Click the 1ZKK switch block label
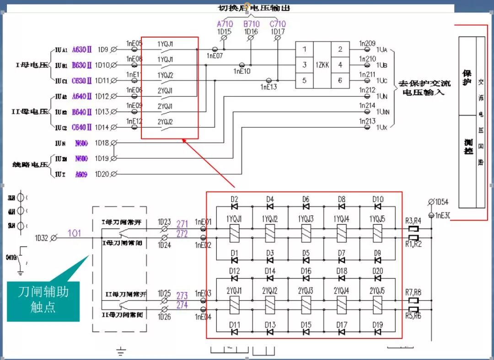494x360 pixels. pyautogui.click(x=322, y=65)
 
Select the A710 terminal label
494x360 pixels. pyautogui.click(x=225, y=24)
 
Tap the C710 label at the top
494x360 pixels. pyautogui.click(x=278, y=24)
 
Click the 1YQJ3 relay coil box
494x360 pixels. pyautogui.click(x=306, y=233)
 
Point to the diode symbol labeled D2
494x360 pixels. pyautogui.click(x=234, y=207)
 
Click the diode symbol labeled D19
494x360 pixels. pyautogui.click(x=378, y=332)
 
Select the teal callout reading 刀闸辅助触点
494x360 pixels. pyautogui.click(x=43, y=299)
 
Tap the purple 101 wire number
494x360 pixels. pyautogui.click(x=75, y=233)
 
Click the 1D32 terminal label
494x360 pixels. pyautogui.click(x=41, y=238)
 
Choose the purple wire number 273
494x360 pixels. pyautogui.click(x=182, y=296)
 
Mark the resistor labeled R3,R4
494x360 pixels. pyautogui.click(x=414, y=229)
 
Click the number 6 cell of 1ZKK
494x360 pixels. pyautogui.click(x=340, y=81)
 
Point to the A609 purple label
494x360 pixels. pyautogui.click(x=82, y=174)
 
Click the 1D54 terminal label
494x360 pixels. pyautogui.click(x=441, y=202)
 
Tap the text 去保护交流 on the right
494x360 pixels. pyautogui.click(x=425, y=84)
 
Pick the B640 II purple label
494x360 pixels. pyautogui.click(x=82, y=112)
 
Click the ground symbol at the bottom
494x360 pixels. pyautogui.click(x=121, y=352)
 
